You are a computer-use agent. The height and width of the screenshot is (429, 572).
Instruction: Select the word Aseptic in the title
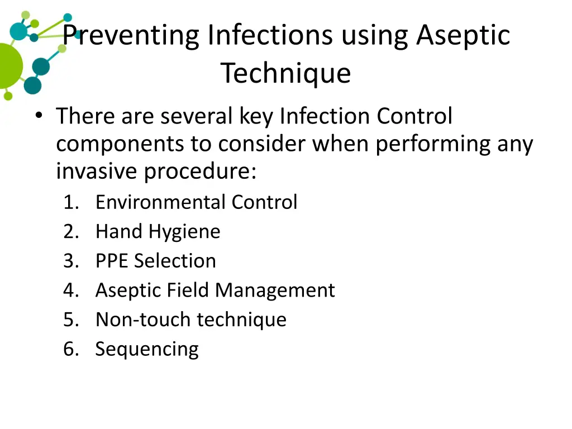463,36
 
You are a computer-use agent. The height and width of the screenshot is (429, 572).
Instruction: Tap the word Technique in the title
285,73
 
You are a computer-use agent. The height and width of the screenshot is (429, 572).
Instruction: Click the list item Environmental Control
196,202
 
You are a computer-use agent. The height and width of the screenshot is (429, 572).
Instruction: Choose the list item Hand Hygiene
158,231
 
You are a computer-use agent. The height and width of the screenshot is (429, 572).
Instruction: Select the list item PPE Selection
155,261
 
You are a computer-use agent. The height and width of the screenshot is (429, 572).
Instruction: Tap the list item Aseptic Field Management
215,290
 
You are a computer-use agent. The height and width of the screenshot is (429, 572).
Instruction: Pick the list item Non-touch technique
190,320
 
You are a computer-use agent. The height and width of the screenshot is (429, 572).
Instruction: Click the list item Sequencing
147,349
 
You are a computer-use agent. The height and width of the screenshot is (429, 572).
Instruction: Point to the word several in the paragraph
196,117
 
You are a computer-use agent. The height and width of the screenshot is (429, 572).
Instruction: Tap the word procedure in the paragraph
200,171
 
